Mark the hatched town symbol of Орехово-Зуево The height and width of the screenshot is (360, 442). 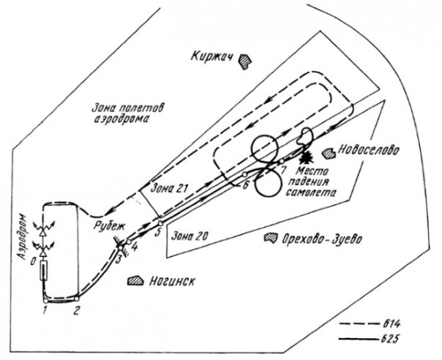272,238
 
